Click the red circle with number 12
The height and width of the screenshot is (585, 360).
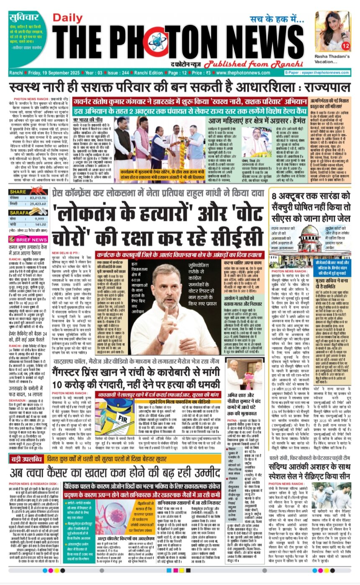346,45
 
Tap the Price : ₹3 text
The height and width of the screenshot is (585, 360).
193,73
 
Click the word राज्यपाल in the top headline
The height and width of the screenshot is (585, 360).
324,89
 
